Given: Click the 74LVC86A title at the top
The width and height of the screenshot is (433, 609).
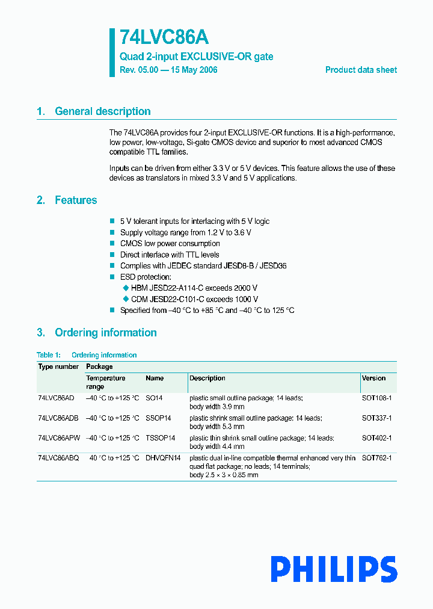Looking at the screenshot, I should (164, 38).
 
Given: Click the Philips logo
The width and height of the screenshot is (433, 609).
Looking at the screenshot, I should (333, 569).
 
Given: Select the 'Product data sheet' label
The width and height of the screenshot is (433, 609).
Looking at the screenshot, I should (361, 70).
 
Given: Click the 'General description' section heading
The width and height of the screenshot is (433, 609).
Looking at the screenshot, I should (102, 111).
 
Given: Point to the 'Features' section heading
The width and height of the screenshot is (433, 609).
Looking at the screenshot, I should (76, 200).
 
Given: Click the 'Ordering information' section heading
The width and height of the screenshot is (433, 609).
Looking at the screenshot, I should (105, 333).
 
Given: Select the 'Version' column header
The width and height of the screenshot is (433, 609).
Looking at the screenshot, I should (373, 379).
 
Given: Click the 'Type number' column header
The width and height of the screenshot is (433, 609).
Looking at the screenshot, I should (58, 366).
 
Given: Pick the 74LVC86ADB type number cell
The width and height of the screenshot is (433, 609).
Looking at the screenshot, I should (58, 418).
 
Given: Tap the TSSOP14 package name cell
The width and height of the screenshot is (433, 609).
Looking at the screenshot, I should (160, 438).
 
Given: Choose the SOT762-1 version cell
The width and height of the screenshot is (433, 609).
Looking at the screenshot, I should (376, 459).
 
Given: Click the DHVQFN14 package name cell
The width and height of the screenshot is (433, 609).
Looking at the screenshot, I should (163, 459).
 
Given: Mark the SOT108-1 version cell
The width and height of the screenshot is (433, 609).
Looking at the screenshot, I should (376, 398).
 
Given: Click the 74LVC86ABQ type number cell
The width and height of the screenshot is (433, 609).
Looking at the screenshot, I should (58, 459).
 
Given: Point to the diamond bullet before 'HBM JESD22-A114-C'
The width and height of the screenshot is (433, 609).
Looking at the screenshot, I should (126, 288).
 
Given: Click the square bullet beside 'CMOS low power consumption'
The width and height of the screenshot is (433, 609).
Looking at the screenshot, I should (112, 244).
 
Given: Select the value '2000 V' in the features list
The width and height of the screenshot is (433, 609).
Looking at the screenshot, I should (245, 288).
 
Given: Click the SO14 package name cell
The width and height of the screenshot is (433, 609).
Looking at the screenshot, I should (154, 398).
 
